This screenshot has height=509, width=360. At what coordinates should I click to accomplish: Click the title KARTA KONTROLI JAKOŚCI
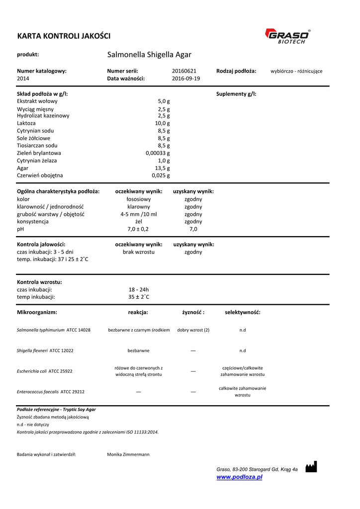coord(64,36)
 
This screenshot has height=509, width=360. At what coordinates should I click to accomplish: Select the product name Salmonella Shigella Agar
coord(149,55)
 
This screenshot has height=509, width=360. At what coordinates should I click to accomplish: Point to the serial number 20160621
coord(184,71)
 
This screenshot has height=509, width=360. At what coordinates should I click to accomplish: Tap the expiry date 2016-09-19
coord(186,79)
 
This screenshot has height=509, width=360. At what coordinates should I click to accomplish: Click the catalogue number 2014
coord(23,79)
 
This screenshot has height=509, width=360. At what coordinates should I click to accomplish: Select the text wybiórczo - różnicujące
coord(296,71)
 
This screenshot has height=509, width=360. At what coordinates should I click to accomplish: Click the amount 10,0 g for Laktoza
coord(162,123)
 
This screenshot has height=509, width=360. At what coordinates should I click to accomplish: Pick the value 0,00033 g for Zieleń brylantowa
coord(158,153)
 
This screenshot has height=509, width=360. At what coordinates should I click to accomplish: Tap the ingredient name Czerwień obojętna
coord(40,175)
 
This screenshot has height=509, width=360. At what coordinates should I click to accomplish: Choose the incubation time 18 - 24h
coord(139,289)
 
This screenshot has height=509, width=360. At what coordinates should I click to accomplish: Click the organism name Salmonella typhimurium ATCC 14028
coord(54,330)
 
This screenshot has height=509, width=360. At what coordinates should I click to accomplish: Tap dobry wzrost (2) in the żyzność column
coord(193,330)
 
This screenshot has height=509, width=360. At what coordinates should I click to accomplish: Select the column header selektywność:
coord(243,312)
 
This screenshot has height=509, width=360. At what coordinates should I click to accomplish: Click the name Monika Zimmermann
coord(128,454)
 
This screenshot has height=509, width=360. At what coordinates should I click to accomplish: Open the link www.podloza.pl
coord(239,477)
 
